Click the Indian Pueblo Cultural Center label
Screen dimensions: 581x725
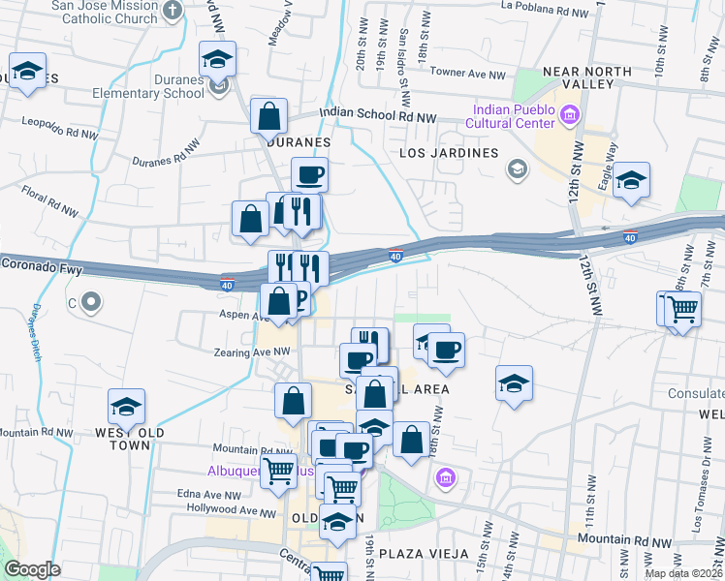click(x=511, y=116)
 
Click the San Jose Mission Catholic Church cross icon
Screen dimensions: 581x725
click(x=173, y=12)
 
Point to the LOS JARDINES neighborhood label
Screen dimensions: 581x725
click(x=450, y=153)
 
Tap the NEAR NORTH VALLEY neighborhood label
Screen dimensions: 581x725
click(x=580, y=77)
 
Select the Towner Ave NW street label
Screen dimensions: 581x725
click(x=468, y=74)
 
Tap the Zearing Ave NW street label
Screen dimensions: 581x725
click(x=254, y=352)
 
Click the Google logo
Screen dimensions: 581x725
click(x=32, y=569)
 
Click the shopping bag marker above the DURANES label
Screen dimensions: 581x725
click(x=269, y=116)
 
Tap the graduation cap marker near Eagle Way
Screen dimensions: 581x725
click(x=631, y=180)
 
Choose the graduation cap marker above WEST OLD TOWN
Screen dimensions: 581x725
click(x=126, y=407)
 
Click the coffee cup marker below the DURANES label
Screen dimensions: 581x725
click(x=309, y=175)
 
